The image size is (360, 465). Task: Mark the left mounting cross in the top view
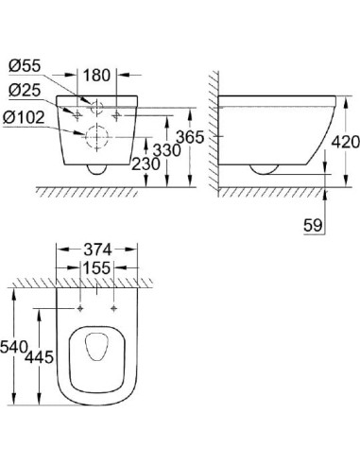[82, 307]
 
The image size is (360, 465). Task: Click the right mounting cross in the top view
[113, 307]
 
